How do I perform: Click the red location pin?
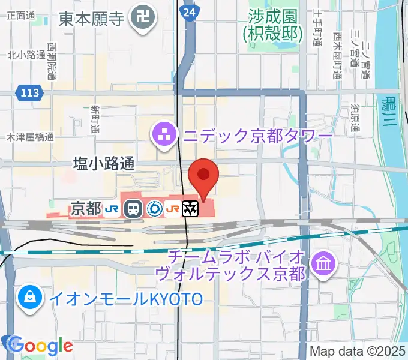(x=203, y=175)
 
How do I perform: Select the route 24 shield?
(x=190, y=12)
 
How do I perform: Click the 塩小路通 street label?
(x=104, y=163)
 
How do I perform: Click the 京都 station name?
(x=86, y=209)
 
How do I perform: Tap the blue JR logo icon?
(x=111, y=209)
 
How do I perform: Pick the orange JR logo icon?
(x=173, y=209)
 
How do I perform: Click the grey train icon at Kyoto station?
(x=133, y=209)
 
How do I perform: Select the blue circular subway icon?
(x=154, y=209)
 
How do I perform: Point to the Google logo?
(x=40, y=345)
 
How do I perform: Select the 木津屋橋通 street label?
(x=29, y=137)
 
